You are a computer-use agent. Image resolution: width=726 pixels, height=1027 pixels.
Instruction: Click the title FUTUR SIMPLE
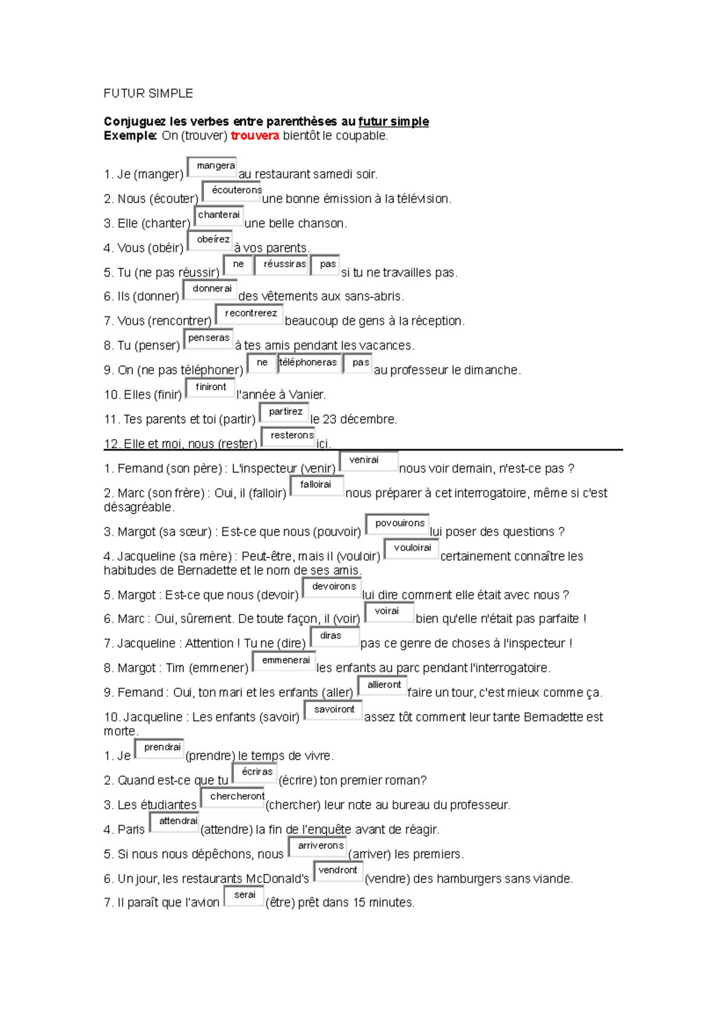pos(148,93)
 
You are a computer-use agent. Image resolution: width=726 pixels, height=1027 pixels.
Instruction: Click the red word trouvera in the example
pos(255,136)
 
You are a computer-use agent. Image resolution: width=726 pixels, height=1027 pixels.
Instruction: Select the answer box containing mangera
pos(212,166)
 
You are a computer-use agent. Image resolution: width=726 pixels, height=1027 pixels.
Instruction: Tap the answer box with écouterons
pos(232,191)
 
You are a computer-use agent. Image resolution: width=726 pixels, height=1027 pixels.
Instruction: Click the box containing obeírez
pos(211,240)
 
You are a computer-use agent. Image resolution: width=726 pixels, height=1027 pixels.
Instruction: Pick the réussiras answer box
pos(282,265)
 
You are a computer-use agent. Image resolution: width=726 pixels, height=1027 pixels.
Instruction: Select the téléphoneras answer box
pos(309,363)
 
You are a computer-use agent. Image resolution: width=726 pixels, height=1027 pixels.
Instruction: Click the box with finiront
pos(210,388)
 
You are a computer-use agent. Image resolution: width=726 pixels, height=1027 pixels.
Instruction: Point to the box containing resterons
pos(289,436)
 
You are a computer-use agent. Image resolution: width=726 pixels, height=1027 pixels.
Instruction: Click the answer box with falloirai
pos(317,485)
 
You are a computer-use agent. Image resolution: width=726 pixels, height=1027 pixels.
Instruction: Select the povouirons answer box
pos(397,524)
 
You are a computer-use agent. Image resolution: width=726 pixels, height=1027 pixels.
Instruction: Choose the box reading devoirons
pos(332,587)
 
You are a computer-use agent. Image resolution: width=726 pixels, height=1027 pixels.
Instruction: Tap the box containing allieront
pos(383,685)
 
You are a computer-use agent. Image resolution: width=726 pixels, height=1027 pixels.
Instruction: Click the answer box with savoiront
pos(333,710)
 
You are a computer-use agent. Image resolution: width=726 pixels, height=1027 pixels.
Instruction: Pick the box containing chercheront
pos(234,797)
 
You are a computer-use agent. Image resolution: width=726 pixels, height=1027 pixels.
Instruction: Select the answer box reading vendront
pos(338,871)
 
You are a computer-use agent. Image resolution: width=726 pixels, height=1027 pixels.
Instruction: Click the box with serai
pos(244,895)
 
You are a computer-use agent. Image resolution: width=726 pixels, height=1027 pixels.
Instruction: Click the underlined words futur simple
pos(393,122)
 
